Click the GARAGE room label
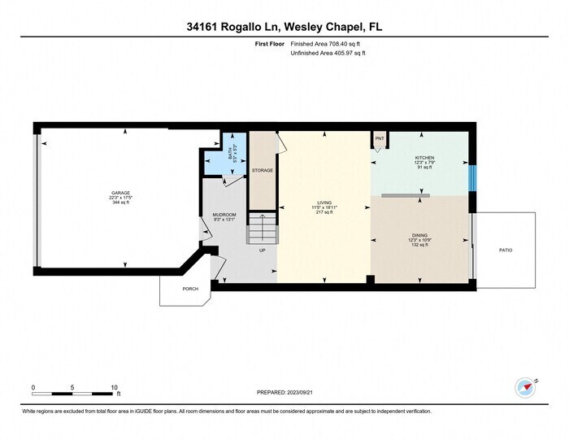(x=121, y=193)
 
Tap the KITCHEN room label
(x=425, y=158)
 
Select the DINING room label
(x=419, y=236)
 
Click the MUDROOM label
(x=224, y=214)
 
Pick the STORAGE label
(x=262, y=170)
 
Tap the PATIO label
(x=506, y=250)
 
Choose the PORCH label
(x=190, y=288)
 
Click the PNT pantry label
(x=379, y=139)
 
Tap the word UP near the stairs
(x=262, y=250)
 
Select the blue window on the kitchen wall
(x=473, y=177)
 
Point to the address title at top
(x=284, y=27)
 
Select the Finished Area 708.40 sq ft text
(x=328, y=45)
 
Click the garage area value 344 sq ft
(x=121, y=202)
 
